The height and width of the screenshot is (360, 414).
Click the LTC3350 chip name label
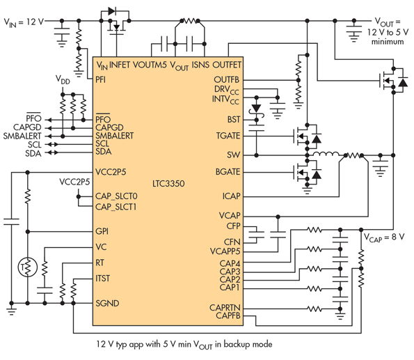[x=168, y=183]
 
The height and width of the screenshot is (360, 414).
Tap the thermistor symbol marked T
[x=27, y=267]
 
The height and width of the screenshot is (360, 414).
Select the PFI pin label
[x=101, y=79]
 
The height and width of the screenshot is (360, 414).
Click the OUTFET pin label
[x=227, y=65]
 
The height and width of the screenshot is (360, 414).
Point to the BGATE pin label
[x=228, y=172]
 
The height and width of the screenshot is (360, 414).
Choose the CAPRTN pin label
[x=225, y=308]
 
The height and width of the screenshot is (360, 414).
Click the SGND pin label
[x=107, y=303]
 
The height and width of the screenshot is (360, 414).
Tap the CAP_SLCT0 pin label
[x=116, y=196]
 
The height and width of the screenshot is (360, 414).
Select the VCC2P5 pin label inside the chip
[x=111, y=172]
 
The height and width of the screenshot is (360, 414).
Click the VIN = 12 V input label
[x=24, y=22]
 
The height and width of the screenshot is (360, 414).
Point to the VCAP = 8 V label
[x=384, y=237]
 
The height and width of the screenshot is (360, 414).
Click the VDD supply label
[x=63, y=79]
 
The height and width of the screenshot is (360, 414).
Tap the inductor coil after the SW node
[x=326, y=154]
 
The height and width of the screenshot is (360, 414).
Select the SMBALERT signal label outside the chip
[x=22, y=136]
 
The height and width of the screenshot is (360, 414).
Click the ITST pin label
[x=102, y=279]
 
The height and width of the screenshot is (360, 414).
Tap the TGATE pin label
[x=228, y=136]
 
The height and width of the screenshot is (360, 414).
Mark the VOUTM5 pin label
[x=150, y=65]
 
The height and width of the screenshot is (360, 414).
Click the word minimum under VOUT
[x=388, y=42]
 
